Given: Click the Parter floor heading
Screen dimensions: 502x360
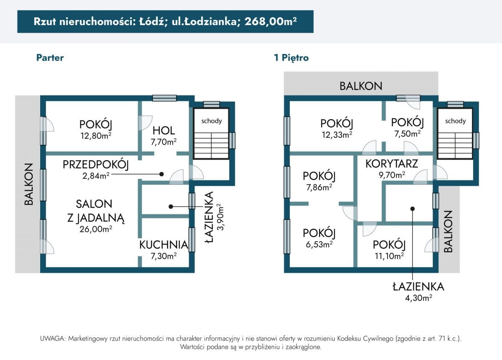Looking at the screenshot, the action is pos(50,58).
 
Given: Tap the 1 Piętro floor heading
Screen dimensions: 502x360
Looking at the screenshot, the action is pos(291,58).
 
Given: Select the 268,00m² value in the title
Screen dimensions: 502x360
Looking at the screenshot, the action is pos(271,21).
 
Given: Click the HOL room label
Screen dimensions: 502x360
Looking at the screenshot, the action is pos(164,131).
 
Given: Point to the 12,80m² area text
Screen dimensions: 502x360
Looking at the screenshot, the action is pos(96,136).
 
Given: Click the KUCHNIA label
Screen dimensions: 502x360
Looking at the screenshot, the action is pos(164,245).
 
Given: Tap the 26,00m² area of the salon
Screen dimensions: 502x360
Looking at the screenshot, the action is pos(96,229).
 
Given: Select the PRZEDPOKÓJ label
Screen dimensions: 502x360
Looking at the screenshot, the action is pos(96,165).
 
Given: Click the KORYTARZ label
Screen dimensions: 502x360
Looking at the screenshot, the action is pos(392,164).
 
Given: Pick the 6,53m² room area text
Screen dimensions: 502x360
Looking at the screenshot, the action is pos(319,244).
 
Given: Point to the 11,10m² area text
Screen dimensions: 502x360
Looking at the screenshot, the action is pos(389,256).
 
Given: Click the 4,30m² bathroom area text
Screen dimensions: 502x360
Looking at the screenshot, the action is pos(418,298).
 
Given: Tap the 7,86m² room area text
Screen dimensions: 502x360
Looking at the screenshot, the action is pos(319,187).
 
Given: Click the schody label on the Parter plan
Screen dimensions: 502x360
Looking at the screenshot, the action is pos(212,121).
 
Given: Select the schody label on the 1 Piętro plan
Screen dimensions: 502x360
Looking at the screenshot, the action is pos(456,121).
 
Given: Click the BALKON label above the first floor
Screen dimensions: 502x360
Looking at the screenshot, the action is pos(361,86).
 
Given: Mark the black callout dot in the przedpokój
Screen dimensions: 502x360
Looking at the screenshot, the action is pos(161,174).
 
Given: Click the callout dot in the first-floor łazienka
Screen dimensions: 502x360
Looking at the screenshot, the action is pos(412,209).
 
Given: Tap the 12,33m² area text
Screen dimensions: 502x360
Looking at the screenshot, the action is pos(337,134).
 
